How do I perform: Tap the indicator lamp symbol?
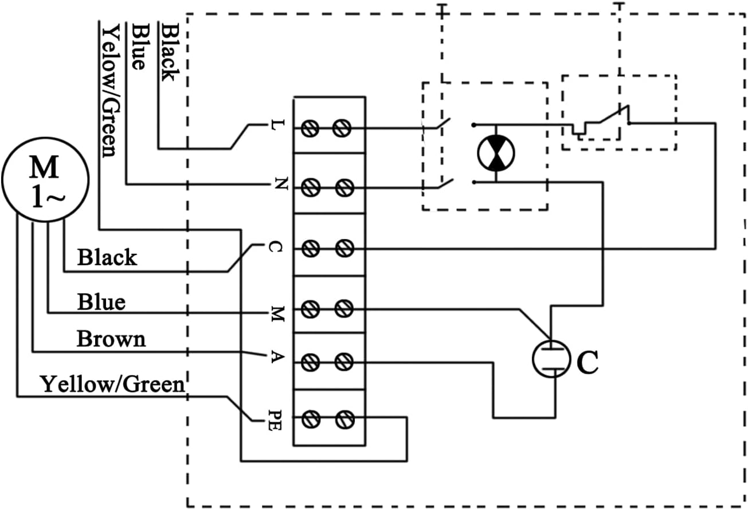(496, 153)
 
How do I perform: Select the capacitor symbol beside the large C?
(551, 359)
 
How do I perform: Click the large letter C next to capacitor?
(587, 362)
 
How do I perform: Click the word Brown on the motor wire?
(111, 339)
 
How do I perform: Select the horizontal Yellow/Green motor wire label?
(112, 384)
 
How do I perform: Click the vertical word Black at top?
(169, 52)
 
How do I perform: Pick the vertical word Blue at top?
(138, 46)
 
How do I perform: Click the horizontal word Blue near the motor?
(101, 302)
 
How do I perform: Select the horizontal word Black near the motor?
(107, 258)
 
